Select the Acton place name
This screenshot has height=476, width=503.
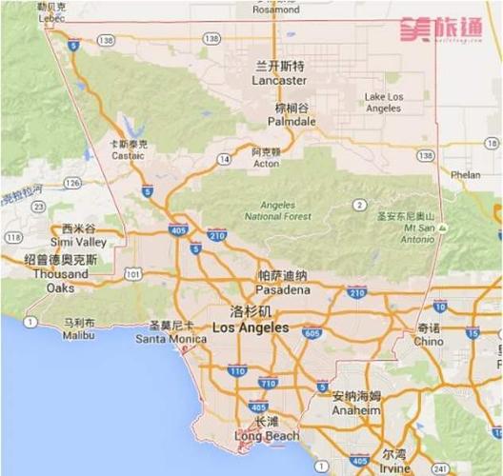pyautogui.click(x=266, y=163)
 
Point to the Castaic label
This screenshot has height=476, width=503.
pyautogui.click(x=129, y=155)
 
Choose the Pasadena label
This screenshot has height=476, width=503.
pyautogui.click(x=283, y=288)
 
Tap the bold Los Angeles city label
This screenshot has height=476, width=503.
pyautogui.click(x=251, y=327)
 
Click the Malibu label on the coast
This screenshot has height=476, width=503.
pyautogui.click(x=79, y=334)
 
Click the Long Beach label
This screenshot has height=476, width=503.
pyautogui.click(x=267, y=436)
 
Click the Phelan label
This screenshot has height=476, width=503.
pyautogui.click(x=465, y=175)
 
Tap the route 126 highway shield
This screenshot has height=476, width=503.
pyautogui.click(x=71, y=182)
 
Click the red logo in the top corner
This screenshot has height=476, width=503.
pyautogui.click(x=440, y=29)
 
